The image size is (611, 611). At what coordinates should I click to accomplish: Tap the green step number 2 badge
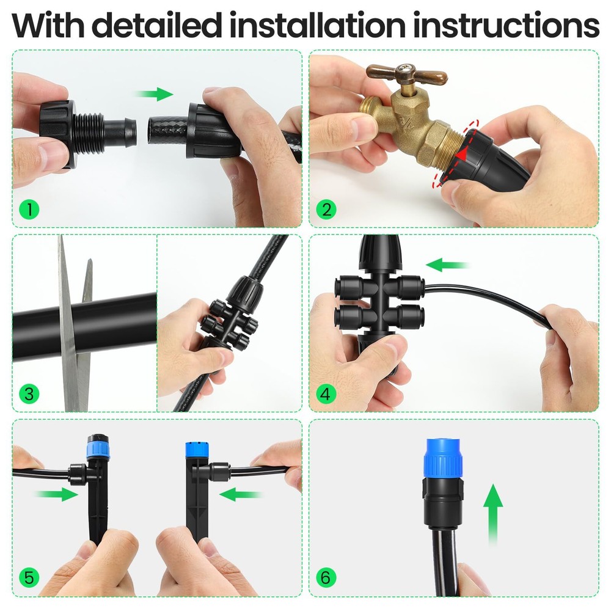point(326,210)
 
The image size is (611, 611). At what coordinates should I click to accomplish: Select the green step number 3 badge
point(29,393)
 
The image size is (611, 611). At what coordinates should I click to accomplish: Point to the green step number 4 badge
point(326,394)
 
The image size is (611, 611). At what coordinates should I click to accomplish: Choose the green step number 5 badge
point(29,577)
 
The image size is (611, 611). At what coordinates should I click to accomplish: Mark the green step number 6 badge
point(326,577)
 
